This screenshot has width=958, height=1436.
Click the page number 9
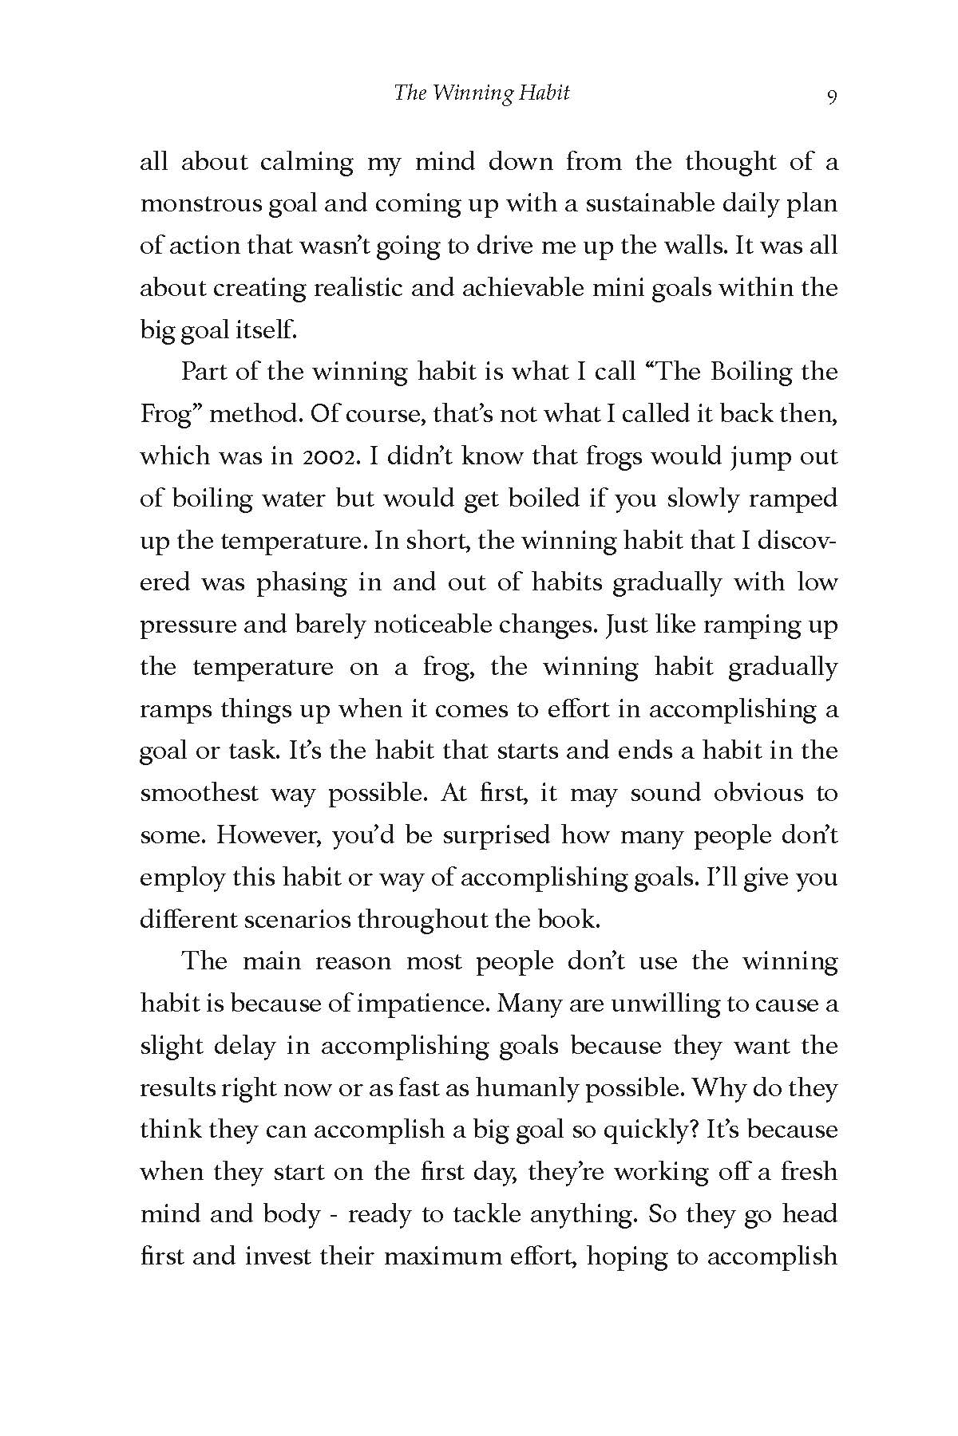(x=832, y=97)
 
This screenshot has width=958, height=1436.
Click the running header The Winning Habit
(x=481, y=93)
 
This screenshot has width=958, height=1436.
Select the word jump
(x=758, y=456)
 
